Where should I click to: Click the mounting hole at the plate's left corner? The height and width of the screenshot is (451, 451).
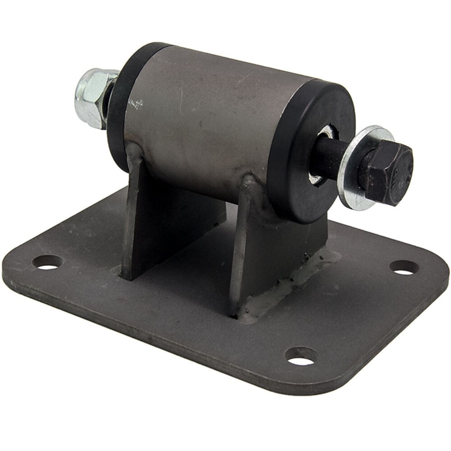click(47, 262)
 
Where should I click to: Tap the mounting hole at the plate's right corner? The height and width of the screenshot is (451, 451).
click(404, 267)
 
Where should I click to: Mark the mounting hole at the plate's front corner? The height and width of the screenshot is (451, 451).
click(301, 356)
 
